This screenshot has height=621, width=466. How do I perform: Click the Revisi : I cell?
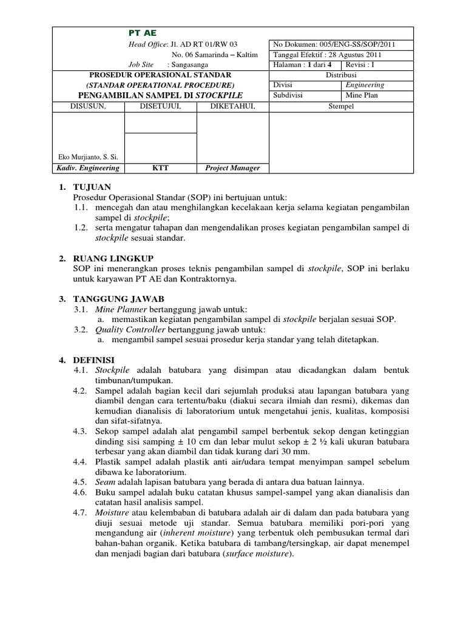point(360,65)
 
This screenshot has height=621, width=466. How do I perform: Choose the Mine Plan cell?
point(362,95)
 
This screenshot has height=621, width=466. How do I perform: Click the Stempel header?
point(341,107)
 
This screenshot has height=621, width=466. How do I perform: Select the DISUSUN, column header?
point(89,107)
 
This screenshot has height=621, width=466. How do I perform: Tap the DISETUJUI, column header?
point(160,107)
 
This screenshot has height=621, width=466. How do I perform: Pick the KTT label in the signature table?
point(160,168)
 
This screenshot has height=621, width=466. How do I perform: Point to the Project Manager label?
point(232,168)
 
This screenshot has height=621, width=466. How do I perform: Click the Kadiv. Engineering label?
point(88,168)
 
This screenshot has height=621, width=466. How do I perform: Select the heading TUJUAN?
point(92,188)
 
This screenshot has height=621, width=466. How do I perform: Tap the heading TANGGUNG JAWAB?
point(118,299)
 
